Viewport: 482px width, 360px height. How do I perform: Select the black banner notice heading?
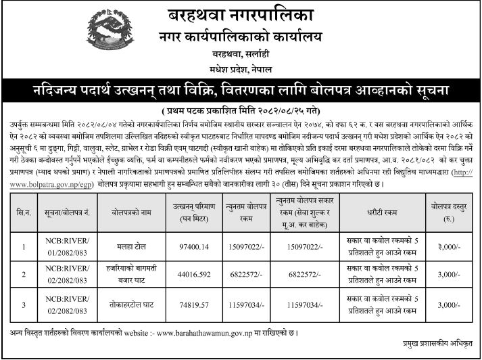[241, 91]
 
